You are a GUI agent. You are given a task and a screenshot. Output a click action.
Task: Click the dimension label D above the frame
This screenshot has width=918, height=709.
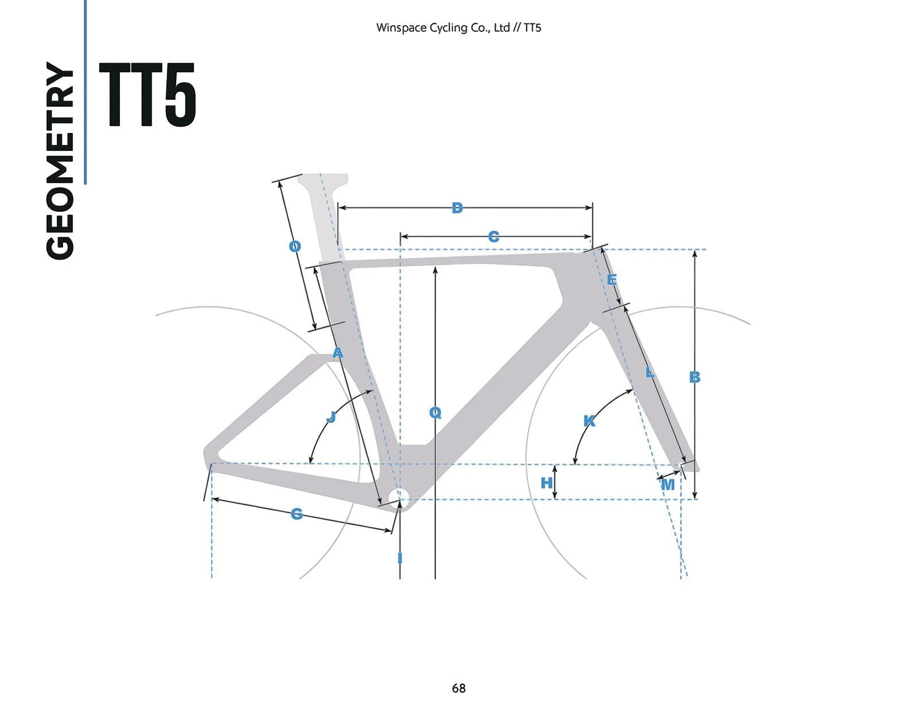tap(457, 208)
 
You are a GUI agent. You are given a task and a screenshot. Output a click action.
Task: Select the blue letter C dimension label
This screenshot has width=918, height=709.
tap(493, 236)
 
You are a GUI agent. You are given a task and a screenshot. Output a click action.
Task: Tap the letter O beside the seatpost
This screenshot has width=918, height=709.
tap(295, 246)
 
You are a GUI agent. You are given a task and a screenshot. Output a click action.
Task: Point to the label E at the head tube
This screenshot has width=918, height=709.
tap(612, 279)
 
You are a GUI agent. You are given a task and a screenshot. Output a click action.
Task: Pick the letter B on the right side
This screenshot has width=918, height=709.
tap(694, 377)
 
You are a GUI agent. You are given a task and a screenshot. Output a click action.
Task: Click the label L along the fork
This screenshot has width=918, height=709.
tap(649, 372)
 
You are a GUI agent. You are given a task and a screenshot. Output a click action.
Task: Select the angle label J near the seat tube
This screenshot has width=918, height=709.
tap(331, 417)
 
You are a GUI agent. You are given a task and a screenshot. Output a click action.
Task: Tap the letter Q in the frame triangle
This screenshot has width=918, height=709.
tap(435, 412)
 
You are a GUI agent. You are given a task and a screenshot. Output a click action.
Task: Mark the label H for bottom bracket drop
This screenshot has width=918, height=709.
tap(547, 482)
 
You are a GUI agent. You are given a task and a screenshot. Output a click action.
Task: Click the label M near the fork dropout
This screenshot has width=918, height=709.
tap(667, 485)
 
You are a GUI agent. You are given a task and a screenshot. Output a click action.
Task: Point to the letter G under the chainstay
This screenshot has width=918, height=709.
tap(297, 514)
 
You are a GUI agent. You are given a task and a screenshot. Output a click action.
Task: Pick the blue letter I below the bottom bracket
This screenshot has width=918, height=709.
tap(400, 559)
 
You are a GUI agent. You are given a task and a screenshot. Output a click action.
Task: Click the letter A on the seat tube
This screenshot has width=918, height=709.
tap(338, 352)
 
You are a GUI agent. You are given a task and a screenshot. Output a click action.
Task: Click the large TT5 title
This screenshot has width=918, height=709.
tap(147, 95)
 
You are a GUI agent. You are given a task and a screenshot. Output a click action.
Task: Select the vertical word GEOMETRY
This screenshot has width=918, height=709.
tap(60, 161)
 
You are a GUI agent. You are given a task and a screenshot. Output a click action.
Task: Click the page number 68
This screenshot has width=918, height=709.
tap(459, 688)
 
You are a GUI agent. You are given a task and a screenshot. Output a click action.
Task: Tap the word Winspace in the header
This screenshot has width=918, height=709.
tap(400, 28)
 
